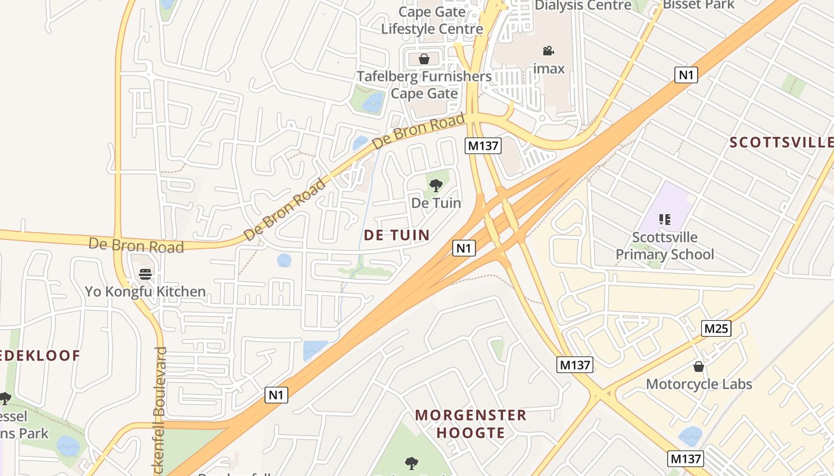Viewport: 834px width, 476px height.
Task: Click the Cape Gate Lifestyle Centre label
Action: point(432,20)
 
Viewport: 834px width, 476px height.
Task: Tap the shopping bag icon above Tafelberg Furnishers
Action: point(424,59)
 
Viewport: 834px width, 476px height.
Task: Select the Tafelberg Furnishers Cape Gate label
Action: point(424,84)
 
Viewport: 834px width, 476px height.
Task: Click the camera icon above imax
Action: point(548,51)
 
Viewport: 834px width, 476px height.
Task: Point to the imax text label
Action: point(549,68)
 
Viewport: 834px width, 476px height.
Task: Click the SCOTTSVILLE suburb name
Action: point(781,142)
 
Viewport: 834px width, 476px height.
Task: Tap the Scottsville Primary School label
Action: point(665,246)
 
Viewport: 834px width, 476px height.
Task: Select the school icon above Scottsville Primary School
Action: point(665,220)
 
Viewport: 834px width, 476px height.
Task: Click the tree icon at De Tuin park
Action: point(436,185)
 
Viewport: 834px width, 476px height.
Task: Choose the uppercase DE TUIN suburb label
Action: point(397,235)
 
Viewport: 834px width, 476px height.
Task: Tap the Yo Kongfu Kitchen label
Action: point(145,292)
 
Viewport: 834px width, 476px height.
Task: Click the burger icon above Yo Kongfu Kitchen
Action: point(145,274)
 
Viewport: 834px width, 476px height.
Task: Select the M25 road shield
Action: point(716,328)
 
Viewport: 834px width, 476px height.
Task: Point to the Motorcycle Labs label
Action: point(699,384)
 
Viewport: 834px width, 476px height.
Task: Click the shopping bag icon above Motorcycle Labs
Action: point(699,367)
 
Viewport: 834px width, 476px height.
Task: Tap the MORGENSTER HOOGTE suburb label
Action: point(471,424)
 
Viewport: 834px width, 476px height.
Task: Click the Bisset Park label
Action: point(699,5)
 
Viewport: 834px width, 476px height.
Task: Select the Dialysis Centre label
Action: point(583,5)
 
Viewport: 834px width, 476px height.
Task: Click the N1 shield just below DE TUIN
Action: point(464,248)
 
